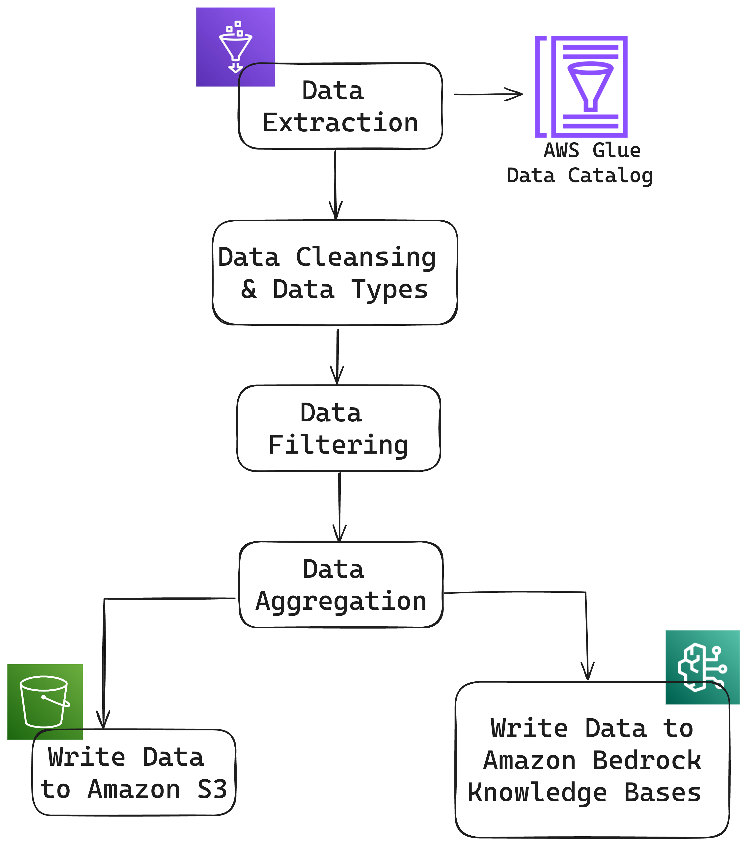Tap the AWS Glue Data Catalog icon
click(581, 87)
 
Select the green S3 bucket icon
click(45, 701)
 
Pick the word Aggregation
click(341, 602)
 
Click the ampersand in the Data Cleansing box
click(249, 289)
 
